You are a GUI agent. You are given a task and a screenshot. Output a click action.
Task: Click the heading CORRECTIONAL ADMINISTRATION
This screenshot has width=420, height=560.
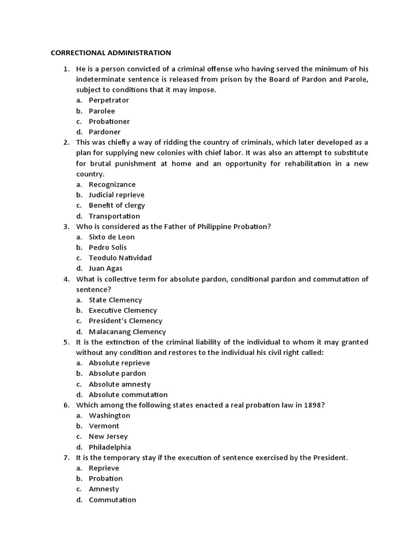[x=111, y=52]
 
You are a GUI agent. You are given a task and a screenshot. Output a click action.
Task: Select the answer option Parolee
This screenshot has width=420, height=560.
[x=102, y=111]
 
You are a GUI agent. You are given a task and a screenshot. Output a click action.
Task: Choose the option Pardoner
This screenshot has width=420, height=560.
[x=104, y=132]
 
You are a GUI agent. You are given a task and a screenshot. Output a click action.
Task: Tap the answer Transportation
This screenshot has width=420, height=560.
[x=114, y=216]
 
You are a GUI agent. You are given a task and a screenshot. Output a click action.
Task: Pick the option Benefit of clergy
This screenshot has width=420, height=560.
[x=117, y=205]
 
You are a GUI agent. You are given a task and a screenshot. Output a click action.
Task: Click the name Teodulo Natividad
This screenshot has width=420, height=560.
[x=120, y=258]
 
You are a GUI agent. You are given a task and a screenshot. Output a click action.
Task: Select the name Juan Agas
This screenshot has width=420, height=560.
[x=106, y=269]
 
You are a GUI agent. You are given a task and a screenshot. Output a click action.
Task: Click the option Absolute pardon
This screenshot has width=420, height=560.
[x=118, y=374]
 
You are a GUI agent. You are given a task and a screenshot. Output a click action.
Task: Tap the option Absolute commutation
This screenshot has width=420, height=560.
[x=128, y=395]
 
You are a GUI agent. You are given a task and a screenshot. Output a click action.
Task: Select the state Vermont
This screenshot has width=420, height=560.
[x=104, y=426]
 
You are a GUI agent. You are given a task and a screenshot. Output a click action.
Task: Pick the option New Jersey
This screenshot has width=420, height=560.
[x=108, y=436]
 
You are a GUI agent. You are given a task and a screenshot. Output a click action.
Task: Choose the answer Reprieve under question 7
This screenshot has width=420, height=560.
[x=104, y=468]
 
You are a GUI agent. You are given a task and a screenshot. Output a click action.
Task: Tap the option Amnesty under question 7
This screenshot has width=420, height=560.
[x=104, y=489]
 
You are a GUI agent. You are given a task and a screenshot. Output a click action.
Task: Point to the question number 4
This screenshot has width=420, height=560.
[x=66, y=279]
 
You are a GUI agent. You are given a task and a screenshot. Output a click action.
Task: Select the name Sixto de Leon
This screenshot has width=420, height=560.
[x=112, y=237]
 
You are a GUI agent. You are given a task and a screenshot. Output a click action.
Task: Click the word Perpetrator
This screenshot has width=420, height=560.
[x=109, y=101]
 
